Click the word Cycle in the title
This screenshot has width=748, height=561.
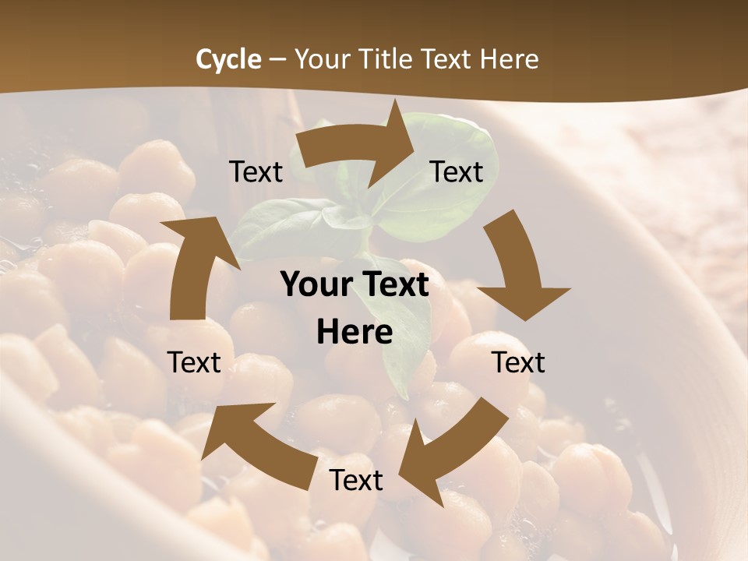click(228, 59)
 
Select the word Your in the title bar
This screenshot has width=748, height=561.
click(319, 59)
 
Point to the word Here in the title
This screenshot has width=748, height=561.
click(510, 59)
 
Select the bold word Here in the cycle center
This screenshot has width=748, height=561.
click(354, 332)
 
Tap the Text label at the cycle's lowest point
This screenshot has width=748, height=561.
click(356, 481)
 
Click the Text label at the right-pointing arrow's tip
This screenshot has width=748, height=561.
click(457, 171)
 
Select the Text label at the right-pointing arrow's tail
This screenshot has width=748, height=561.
click(256, 171)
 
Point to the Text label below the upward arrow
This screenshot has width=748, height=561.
click(194, 362)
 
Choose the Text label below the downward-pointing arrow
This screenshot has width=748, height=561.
click(518, 362)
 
